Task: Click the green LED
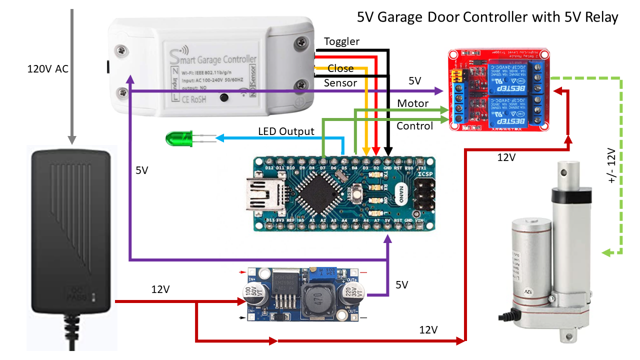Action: [x=179, y=138]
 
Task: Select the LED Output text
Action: [x=286, y=131]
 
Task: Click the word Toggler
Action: [x=341, y=41]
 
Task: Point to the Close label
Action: [x=340, y=68]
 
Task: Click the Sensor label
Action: [x=340, y=83]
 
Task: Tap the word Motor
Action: [x=412, y=103]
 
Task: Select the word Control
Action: [x=414, y=126]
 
